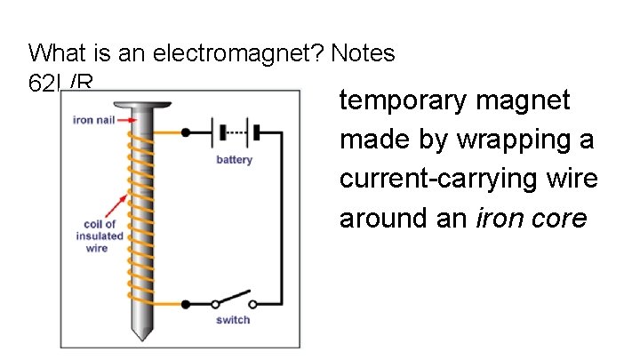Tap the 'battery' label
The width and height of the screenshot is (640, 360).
(x=234, y=160)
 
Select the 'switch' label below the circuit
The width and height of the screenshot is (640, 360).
(x=233, y=320)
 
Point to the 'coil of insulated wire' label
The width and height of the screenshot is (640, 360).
(x=98, y=236)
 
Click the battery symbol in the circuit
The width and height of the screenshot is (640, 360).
(x=235, y=134)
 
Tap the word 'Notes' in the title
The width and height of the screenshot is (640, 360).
(x=364, y=54)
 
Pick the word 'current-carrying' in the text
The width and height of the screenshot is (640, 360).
(x=442, y=179)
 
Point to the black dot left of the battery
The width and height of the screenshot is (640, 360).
(x=185, y=133)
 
